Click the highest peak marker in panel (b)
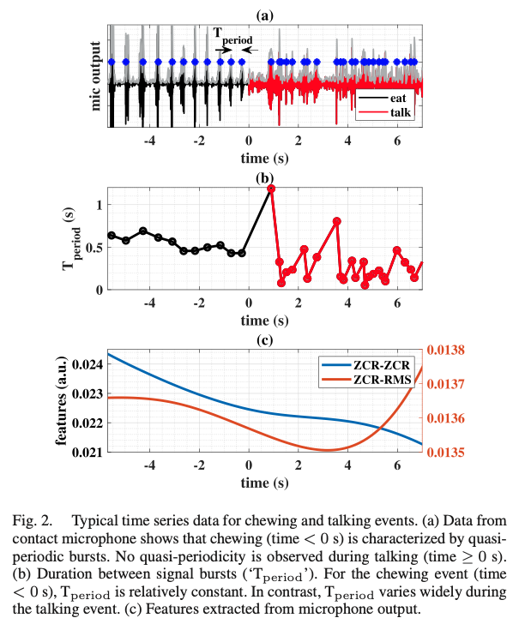click(x=271, y=189)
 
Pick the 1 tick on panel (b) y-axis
click(x=100, y=205)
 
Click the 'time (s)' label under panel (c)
click(x=264, y=483)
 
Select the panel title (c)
click(x=264, y=341)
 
